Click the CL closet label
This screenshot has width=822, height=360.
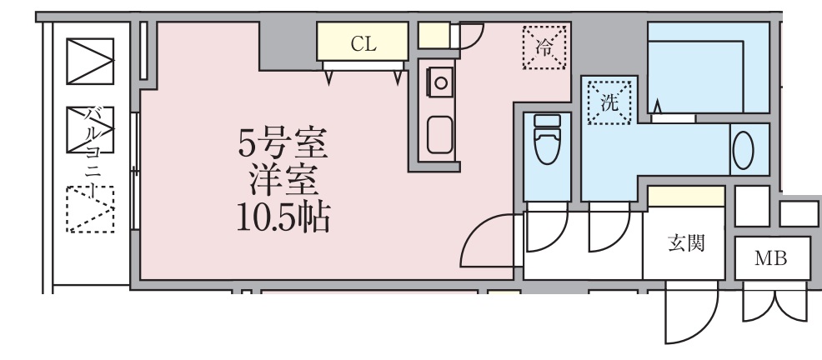[363, 45]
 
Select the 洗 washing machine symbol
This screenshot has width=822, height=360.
[609, 101]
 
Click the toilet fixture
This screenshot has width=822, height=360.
[548, 142]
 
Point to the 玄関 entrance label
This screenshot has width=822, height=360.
[687, 243]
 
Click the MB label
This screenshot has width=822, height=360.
[770, 259]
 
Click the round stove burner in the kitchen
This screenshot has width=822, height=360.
[439, 82]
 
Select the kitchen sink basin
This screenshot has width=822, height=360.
[439, 134]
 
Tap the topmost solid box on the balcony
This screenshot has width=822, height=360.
[89, 61]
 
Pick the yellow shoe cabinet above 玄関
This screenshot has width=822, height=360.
[685, 197]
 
